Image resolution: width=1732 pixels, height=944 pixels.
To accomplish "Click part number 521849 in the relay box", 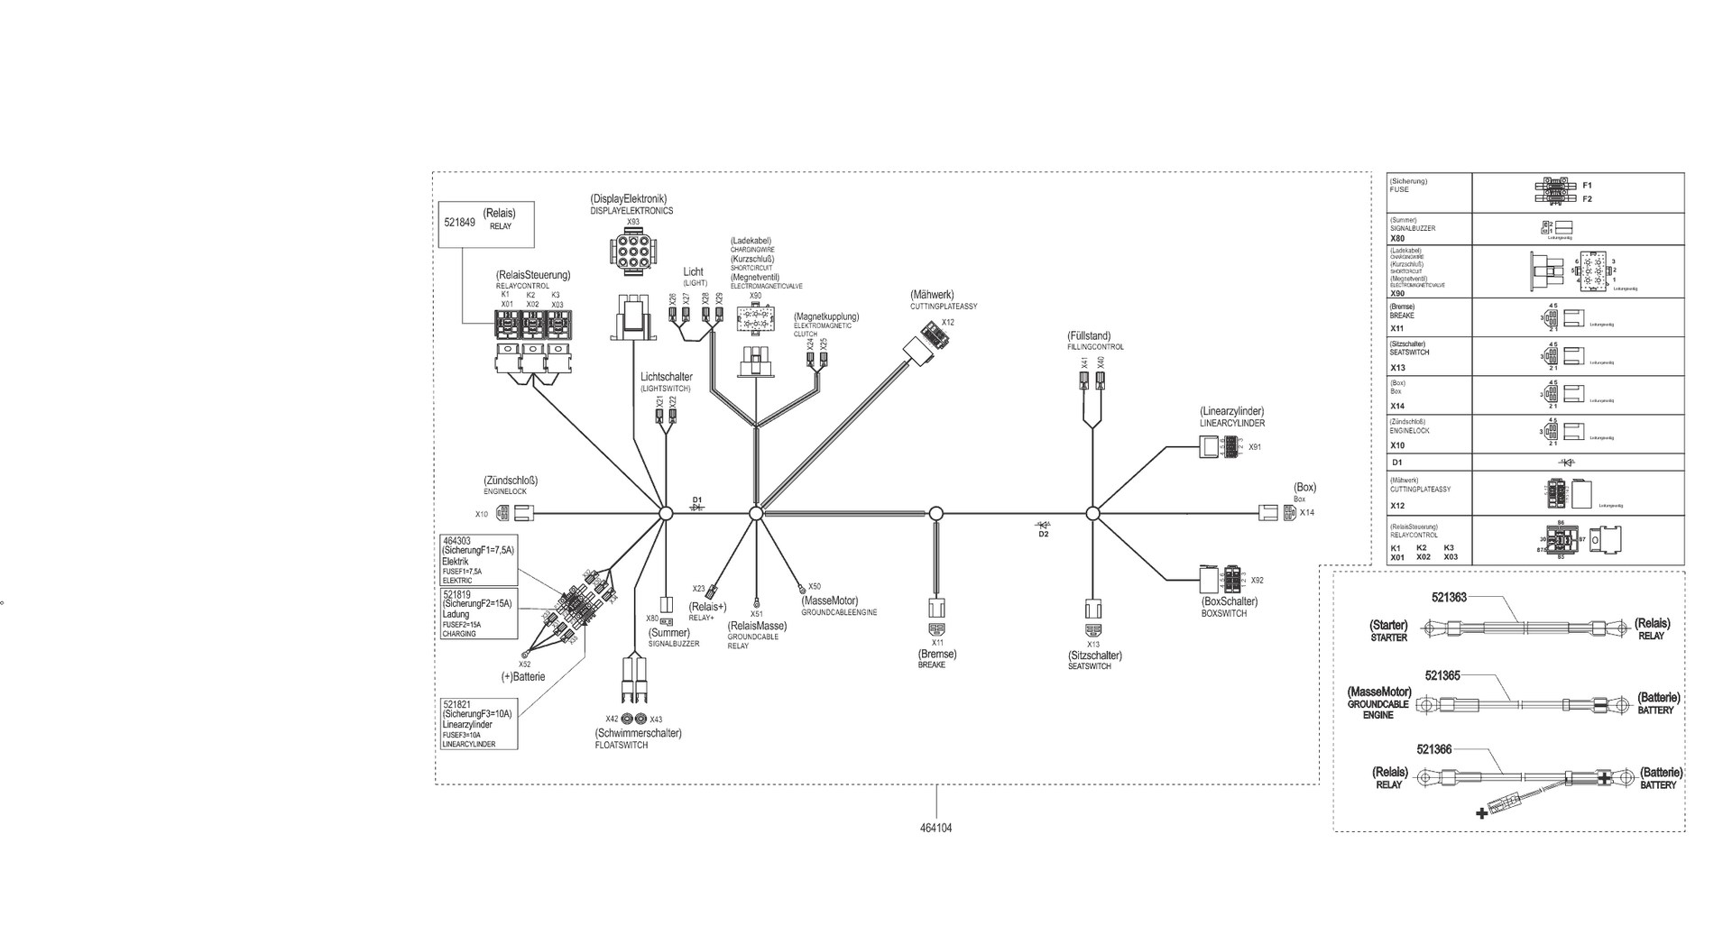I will click(459, 222).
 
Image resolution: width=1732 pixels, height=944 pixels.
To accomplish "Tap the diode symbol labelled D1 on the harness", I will click(696, 507).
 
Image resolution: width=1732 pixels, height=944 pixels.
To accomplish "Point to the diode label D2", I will click(1044, 535).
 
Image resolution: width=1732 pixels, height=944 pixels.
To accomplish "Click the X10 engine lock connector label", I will click(482, 515).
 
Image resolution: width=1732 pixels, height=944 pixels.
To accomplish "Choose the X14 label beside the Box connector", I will click(1307, 513).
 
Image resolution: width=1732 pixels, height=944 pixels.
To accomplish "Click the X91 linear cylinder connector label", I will click(1255, 447).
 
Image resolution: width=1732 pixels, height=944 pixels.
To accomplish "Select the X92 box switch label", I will click(1258, 581).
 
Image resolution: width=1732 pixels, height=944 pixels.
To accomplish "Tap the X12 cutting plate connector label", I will click(947, 323).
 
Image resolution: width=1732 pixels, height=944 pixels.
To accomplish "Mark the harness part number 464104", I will click(936, 828).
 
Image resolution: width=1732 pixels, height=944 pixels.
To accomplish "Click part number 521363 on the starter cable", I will click(1449, 597).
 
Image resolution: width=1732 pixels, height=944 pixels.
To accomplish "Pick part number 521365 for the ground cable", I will click(1442, 675).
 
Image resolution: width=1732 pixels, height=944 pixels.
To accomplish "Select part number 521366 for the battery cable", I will click(1434, 749).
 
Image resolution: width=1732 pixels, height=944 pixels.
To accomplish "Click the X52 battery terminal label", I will click(524, 664).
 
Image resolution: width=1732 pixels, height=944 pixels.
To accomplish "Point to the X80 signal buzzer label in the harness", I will click(652, 619).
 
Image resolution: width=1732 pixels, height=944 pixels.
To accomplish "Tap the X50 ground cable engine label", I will click(815, 586).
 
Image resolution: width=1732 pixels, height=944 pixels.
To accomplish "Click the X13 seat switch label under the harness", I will click(1093, 645).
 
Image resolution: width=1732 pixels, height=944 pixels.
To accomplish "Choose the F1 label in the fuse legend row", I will click(1587, 185).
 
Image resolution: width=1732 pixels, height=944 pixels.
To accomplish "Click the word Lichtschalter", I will click(667, 377).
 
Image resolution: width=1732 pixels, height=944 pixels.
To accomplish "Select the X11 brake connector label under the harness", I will click(937, 643).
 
